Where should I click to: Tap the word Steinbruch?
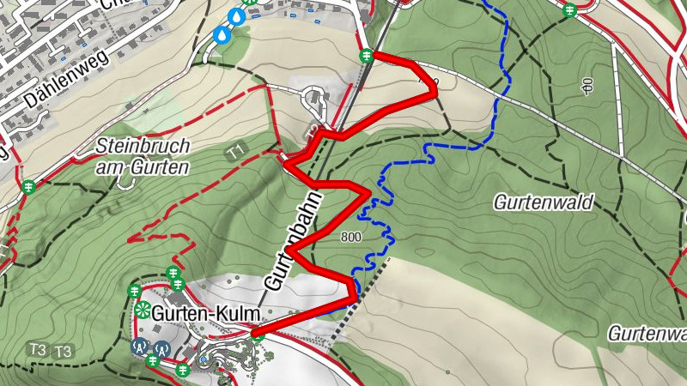pos(143,146)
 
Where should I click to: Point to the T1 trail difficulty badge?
pos(235,152)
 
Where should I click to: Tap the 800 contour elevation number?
pos(350,238)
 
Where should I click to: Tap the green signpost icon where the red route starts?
pos(366,56)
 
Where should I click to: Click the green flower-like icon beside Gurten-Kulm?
pos(142,311)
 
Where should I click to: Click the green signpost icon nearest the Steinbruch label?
pos(28,185)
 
